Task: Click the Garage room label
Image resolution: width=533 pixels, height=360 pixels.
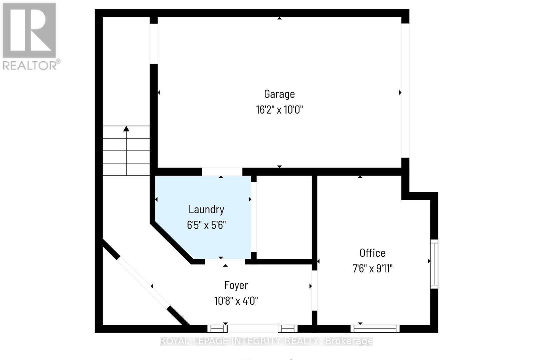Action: click(x=279, y=94)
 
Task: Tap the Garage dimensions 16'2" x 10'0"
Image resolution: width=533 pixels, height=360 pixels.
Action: click(x=279, y=110)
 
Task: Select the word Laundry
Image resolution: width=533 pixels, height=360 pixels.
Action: click(x=206, y=209)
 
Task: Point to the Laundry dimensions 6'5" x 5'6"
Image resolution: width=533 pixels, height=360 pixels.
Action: click(x=206, y=225)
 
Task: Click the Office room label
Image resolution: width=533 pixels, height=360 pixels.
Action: click(x=372, y=253)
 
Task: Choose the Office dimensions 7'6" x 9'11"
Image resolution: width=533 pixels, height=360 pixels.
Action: click(x=372, y=268)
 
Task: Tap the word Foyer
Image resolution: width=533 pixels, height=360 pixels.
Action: click(x=236, y=285)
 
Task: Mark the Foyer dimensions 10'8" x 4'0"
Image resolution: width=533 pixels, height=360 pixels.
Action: click(x=236, y=301)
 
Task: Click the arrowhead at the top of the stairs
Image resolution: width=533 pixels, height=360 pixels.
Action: click(x=126, y=129)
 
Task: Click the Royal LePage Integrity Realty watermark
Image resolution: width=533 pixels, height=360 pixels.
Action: click(x=266, y=341)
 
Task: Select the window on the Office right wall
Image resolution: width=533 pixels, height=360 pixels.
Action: click(x=434, y=264)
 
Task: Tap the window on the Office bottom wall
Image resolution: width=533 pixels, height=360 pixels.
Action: click(x=375, y=329)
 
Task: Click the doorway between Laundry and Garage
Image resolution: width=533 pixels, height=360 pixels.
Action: click(x=222, y=172)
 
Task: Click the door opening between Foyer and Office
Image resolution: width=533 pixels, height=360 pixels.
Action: click(x=314, y=290)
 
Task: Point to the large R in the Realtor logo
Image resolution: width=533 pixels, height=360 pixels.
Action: click(x=29, y=31)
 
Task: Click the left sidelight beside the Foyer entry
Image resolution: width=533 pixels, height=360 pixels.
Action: click(x=217, y=329)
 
